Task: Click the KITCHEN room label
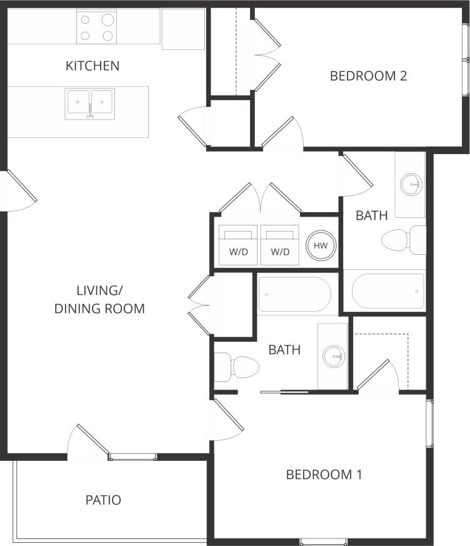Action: click(92, 65)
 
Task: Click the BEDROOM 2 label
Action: click(368, 76)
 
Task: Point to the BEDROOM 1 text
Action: click(324, 474)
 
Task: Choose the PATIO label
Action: click(103, 500)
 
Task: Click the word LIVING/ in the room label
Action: click(99, 290)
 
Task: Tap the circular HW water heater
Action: click(321, 245)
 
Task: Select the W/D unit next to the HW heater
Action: click(280, 245)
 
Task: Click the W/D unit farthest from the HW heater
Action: click(237, 245)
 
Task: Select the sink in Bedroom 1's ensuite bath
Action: click(334, 356)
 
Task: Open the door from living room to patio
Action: click(89, 442)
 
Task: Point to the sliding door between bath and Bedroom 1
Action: click(284, 393)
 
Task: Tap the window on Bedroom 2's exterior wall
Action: click(466, 59)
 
